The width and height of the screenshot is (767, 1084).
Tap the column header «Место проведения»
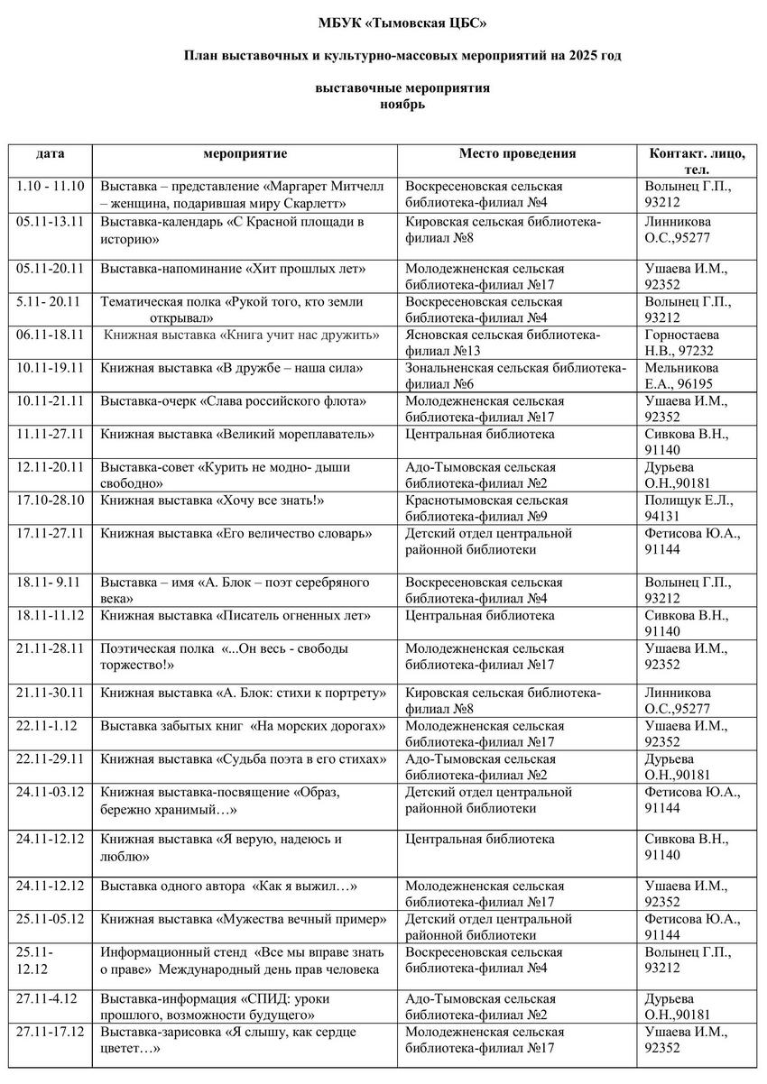517,153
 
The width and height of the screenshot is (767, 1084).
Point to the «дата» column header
51,153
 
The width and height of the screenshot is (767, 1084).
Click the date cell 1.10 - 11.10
51,187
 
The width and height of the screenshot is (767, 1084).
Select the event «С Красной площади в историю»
232,230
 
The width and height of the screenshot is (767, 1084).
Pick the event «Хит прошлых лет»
233,269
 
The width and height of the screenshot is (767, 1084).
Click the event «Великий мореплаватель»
237,435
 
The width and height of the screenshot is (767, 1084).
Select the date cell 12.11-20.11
51,467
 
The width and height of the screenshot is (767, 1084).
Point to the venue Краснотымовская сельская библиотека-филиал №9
487,508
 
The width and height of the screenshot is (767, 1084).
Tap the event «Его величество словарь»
236,533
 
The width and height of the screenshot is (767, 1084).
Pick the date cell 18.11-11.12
51,616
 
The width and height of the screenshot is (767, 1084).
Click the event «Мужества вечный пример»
244,919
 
